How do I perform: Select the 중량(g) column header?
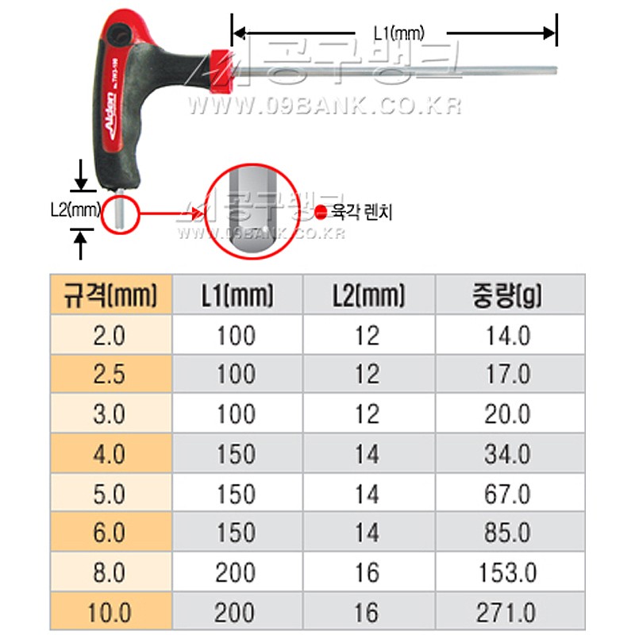[x=507, y=296]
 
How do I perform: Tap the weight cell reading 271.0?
[x=507, y=612]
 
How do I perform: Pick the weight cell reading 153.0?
[x=507, y=572]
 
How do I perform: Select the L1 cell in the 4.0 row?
[x=236, y=454]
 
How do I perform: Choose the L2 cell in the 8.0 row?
[x=367, y=572]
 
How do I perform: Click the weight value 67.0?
[x=507, y=494]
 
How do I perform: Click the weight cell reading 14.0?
[x=507, y=335]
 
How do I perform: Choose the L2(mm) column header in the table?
[x=367, y=296]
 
